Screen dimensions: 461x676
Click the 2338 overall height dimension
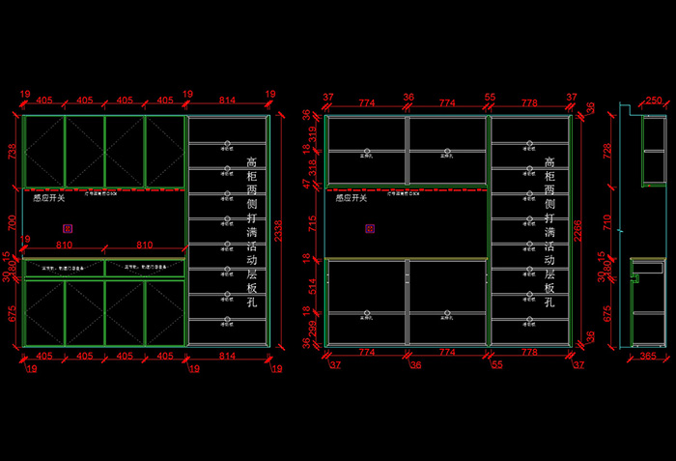coord(277,229)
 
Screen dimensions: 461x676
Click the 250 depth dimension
coord(654,101)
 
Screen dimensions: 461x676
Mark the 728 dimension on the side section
coord(607,152)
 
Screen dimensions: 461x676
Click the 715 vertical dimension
coord(311,224)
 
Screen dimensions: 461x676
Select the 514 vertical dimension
coord(311,285)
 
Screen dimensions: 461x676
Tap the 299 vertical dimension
coord(311,330)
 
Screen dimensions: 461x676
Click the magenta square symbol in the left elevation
coord(67,229)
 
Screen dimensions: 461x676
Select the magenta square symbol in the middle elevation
coord(369,229)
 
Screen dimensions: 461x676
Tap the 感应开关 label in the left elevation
coord(49,198)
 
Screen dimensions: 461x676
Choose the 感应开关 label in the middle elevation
coord(351,198)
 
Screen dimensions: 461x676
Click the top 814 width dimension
coord(227,100)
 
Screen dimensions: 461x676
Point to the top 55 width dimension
coord(490,98)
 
